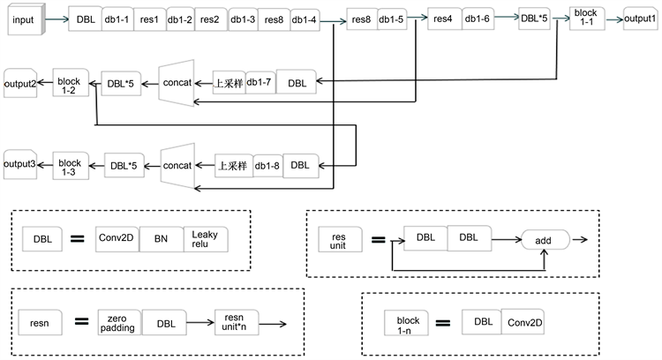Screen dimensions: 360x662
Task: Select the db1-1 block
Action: tap(116, 18)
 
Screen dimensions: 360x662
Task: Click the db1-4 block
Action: tap(305, 18)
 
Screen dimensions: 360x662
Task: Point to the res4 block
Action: tap(440, 19)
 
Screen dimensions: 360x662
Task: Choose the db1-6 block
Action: tap(475, 19)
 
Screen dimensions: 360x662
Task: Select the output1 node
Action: tap(639, 18)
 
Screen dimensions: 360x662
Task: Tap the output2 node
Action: tap(19, 83)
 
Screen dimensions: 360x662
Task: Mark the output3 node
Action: tap(19, 163)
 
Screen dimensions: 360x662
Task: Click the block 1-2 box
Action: tap(69, 83)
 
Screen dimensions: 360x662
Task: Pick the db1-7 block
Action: tap(260, 84)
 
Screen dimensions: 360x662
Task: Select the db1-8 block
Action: tap(267, 165)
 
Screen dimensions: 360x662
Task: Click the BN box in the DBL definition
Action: tap(161, 238)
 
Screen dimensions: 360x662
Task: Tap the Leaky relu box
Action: tap(205, 238)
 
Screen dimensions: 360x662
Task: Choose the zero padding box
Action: tap(118, 323)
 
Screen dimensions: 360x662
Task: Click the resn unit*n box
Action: tap(234, 323)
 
